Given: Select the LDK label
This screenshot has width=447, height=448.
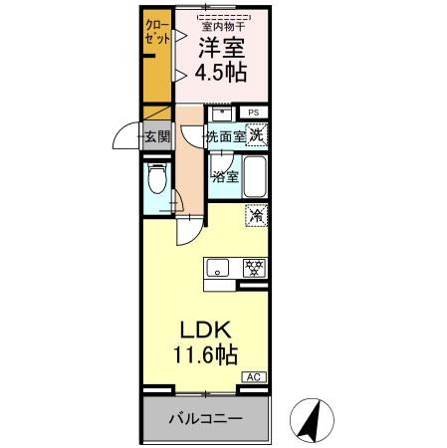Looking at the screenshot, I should click(x=207, y=329).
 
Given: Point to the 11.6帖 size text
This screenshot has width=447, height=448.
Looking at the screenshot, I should click(x=207, y=353).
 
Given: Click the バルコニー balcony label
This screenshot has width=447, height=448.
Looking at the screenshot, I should click(x=205, y=419).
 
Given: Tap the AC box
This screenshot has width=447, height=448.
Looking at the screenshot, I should click(x=255, y=377).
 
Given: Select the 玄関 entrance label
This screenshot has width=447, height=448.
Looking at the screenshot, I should click(x=157, y=136).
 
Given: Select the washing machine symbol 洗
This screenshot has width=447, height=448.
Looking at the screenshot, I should click(x=257, y=135).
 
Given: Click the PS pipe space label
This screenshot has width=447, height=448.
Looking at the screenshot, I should click(x=254, y=112).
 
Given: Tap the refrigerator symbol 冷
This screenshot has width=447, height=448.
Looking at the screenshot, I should click(x=256, y=214).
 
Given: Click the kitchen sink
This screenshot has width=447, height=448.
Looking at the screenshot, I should click(x=218, y=267).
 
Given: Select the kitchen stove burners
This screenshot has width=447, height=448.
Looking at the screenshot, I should click(x=254, y=267).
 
